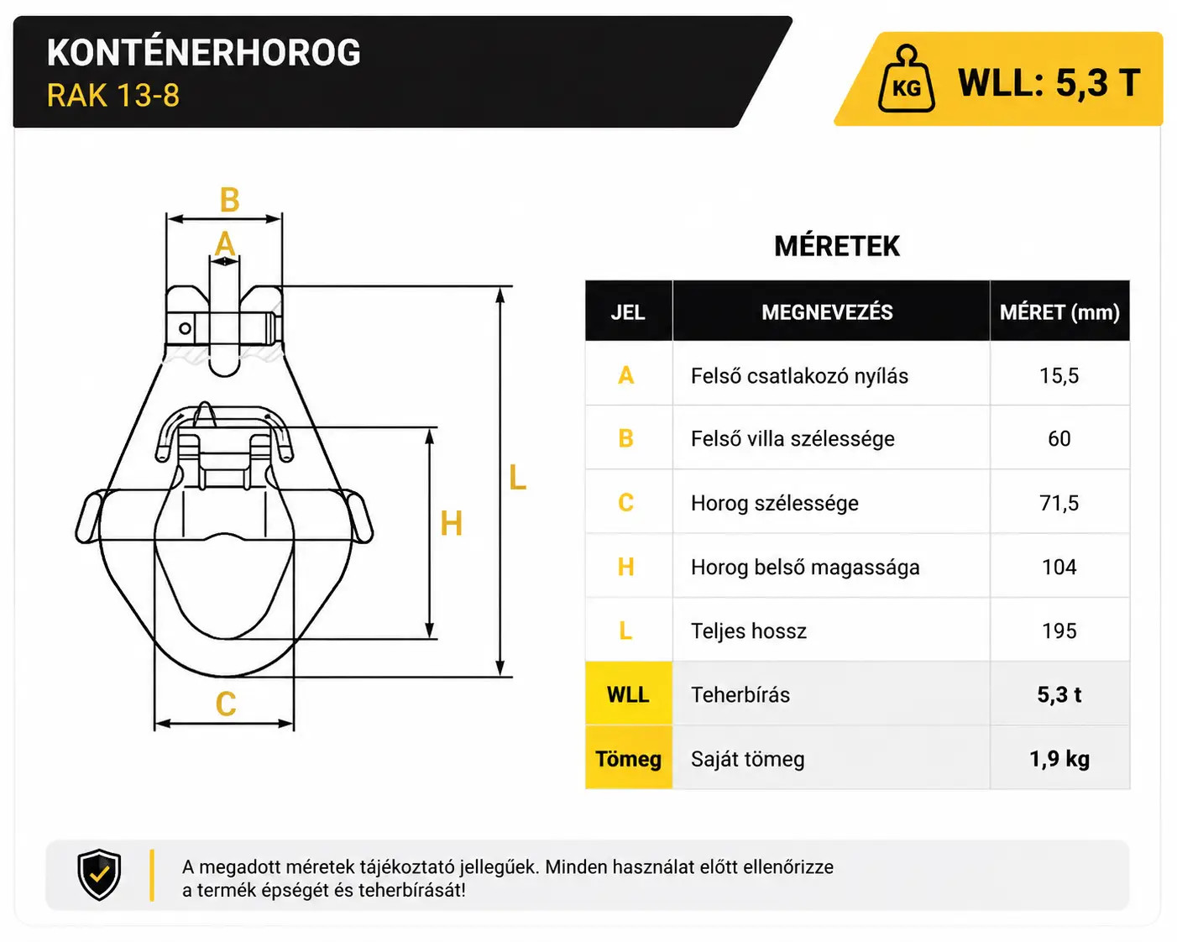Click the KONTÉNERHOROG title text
(x=203, y=53)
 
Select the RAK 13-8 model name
(x=113, y=95)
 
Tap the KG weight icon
(x=906, y=79)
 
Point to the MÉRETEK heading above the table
(x=836, y=246)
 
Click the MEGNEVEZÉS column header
(x=827, y=312)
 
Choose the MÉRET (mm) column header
(x=1059, y=312)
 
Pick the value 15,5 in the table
(x=1059, y=376)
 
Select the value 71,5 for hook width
(x=1059, y=503)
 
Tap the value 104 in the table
(x=1059, y=567)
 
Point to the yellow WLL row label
(x=628, y=694)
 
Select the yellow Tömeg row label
(x=629, y=759)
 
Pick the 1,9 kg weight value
(x=1059, y=759)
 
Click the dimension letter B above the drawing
(x=230, y=200)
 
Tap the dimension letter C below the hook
(x=226, y=704)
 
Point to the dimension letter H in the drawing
(x=451, y=524)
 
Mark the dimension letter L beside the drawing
(x=517, y=478)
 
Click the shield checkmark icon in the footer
(x=99, y=874)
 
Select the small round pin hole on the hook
(x=186, y=328)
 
